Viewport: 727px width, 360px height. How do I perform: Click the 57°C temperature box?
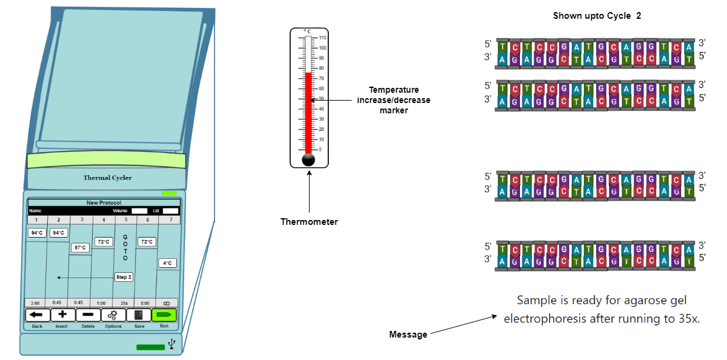pos(80,247)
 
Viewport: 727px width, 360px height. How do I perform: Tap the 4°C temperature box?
pos(168,263)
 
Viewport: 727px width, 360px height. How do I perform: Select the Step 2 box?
pos(124,277)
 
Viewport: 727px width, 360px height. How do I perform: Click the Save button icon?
pos(139,315)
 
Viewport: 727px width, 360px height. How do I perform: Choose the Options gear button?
pos(113,315)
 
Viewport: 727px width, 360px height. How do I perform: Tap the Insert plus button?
pos(62,315)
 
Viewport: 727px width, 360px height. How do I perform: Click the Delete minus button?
pos(88,315)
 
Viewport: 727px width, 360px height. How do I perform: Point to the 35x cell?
pos(124,302)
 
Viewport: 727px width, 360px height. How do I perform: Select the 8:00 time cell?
pos(145,302)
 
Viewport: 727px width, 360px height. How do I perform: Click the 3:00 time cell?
pos(36,302)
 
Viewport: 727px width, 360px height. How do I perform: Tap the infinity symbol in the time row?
pos(167,302)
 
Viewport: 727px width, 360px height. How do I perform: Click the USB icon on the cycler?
pos(172,344)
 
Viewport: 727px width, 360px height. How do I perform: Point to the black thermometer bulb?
pos(308,160)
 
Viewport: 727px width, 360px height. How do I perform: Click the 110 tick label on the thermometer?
pos(322,38)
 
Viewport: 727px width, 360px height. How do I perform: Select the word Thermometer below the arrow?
pos(309,222)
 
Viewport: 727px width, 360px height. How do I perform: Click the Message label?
pos(408,335)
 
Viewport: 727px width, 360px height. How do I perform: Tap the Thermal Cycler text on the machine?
pos(107,178)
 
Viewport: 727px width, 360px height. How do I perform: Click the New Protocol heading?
pos(104,202)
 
